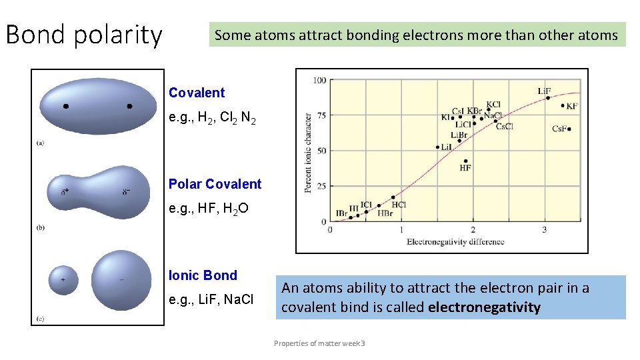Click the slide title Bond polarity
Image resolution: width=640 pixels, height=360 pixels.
pyautogui.click(x=84, y=35)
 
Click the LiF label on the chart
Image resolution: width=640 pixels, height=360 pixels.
pyautogui.click(x=545, y=91)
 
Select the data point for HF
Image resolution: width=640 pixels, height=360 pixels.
pyautogui.click(x=465, y=161)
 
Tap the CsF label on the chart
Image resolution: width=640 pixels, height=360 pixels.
pyautogui.click(x=559, y=129)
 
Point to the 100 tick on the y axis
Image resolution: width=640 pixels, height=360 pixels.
pyautogui.click(x=319, y=81)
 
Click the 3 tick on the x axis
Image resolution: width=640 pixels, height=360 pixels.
pyautogui.click(x=544, y=230)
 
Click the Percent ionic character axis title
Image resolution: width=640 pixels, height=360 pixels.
pyautogui.click(x=308, y=153)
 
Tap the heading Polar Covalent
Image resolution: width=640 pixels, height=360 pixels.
pyautogui.click(x=215, y=184)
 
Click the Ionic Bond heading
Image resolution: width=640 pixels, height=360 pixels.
pyautogui.click(x=203, y=275)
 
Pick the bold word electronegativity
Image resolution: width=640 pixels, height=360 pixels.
pyautogui.click(x=484, y=307)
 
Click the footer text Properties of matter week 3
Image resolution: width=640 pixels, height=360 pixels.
pyautogui.click(x=319, y=343)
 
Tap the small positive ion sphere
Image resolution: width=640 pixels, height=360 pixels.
pyautogui.click(x=63, y=280)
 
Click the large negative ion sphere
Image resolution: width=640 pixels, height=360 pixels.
pyautogui.click(x=121, y=279)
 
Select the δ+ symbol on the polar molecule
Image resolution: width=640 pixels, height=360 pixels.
pyautogui.click(x=65, y=192)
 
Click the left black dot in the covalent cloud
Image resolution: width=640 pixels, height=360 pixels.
pyautogui.click(x=65, y=106)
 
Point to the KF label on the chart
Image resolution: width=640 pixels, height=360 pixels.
pyautogui.click(x=572, y=106)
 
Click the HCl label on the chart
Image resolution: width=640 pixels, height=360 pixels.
pyautogui.click(x=399, y=205)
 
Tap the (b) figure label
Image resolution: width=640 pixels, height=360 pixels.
pyautogui.click(x=41, y=227)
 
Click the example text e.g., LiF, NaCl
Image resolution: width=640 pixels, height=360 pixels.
pyautogui.click(x=211, y=300)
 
